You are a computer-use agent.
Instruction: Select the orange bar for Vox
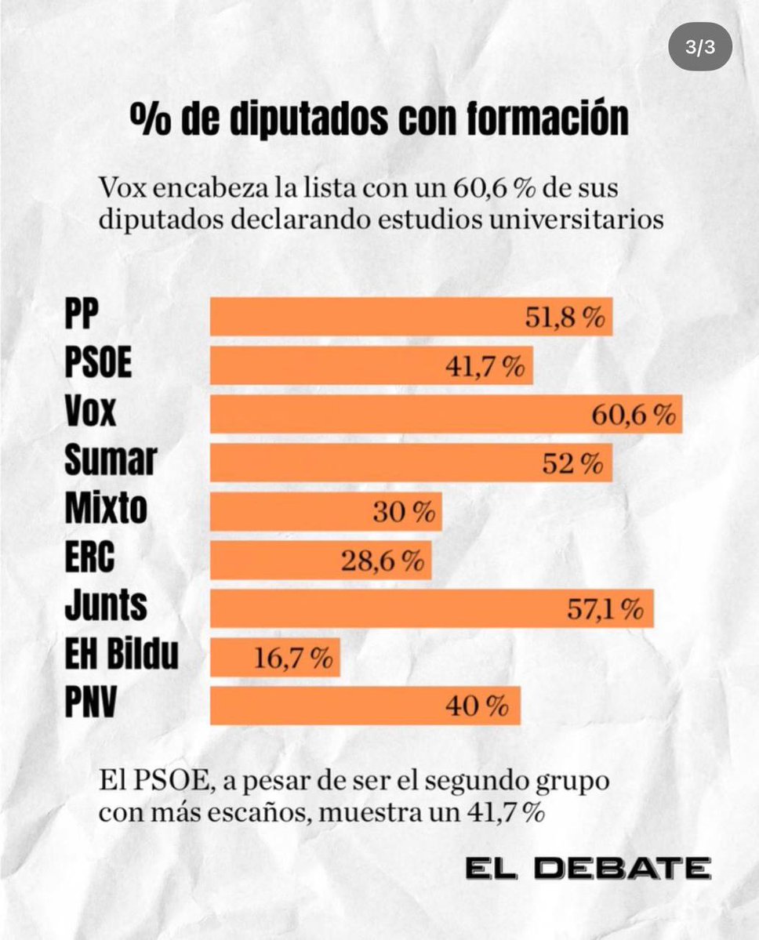pos(445,414)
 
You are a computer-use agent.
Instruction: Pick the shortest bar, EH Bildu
pos(274,658)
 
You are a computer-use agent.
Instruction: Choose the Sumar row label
pos(110,461)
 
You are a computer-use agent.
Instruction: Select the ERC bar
pos(320,561)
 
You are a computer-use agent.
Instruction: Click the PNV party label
pos(90,703)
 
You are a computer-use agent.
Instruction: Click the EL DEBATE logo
pos(587,869)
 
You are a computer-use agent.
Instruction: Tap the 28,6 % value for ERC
pos(383,561)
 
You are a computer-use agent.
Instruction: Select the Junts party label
pos(105,606)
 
